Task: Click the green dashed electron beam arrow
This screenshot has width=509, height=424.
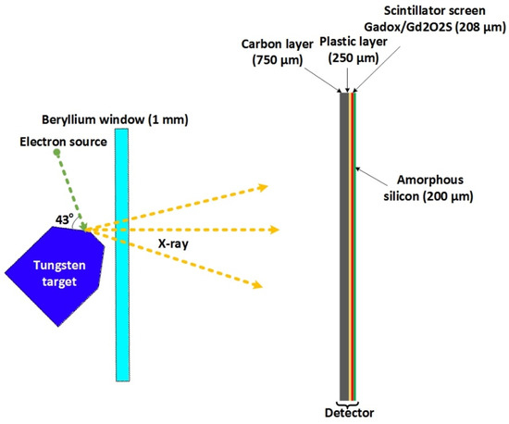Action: point(71,190)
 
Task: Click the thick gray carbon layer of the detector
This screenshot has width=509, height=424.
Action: point(343,241)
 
